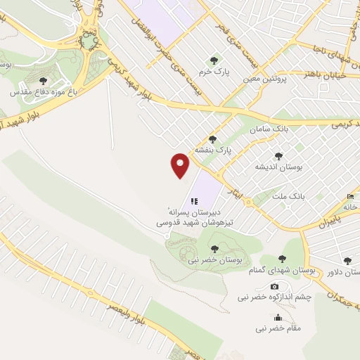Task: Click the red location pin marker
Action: point(181,165)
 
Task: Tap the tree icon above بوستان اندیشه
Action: point(278,155)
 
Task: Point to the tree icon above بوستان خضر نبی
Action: point(214,247)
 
